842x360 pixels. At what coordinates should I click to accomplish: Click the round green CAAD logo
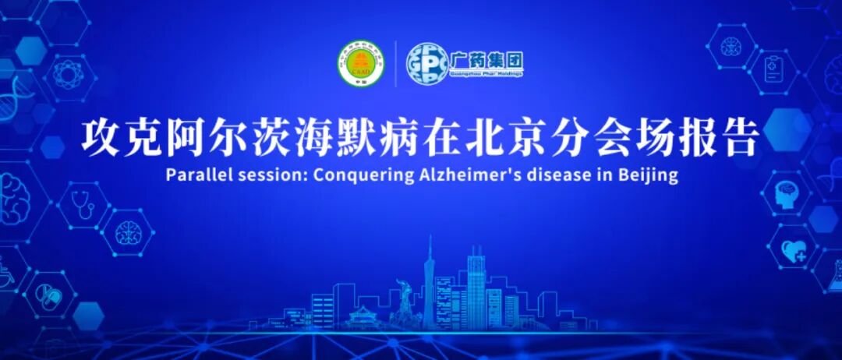click(x=361, y=63)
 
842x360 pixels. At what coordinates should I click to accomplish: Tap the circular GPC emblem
click(x=428, y=63)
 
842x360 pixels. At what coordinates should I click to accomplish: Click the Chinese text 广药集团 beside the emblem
click(x=486, y=58)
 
